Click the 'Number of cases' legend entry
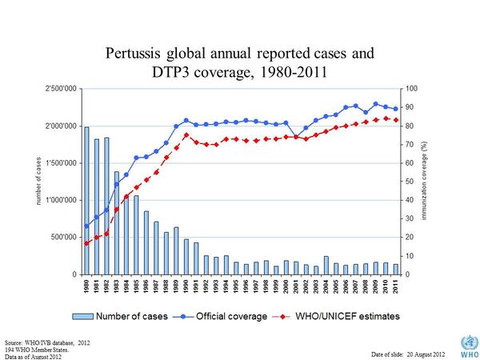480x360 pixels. pyautogui.click(x=132, y=317)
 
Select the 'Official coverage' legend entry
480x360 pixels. pyautogui.click(x=231, y=317)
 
